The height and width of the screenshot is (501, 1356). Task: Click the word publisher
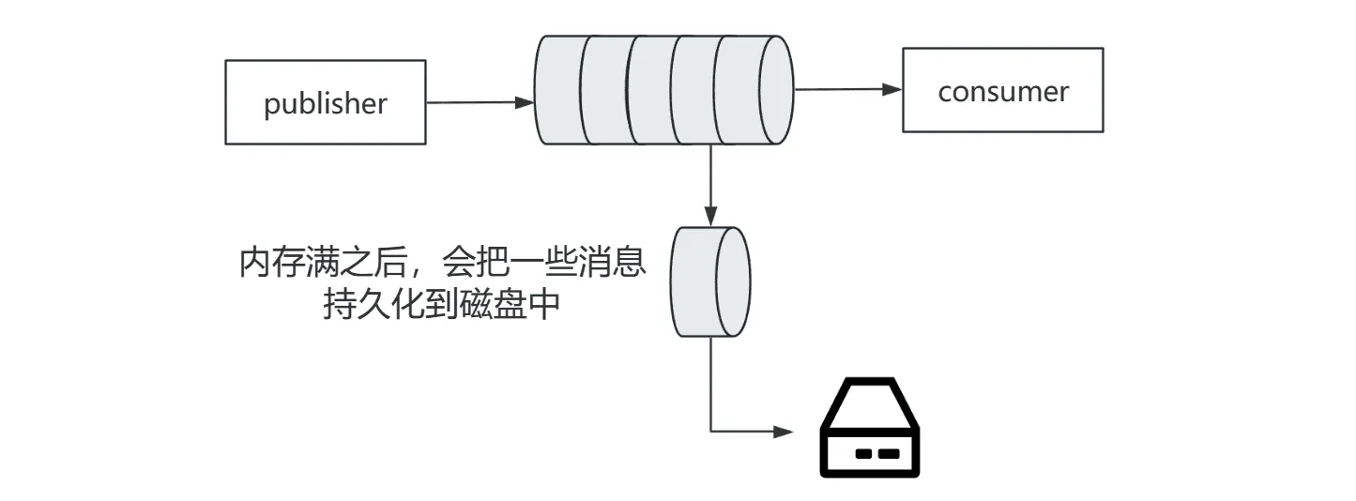point(325,104)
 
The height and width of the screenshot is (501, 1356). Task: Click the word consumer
point(1003,92)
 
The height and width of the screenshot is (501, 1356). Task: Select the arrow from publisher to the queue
point(480,102)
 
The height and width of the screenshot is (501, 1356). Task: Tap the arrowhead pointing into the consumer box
point(891,89)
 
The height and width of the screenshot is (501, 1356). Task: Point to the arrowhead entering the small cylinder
point(710,216)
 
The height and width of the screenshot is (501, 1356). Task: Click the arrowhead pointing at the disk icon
point(784,432)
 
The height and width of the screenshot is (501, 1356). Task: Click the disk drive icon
point(870,427)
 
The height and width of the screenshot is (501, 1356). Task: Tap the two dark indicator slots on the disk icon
point(877,453)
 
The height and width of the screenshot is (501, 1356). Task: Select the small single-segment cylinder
point(710,282)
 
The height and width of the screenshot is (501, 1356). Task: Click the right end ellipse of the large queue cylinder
point(775,89)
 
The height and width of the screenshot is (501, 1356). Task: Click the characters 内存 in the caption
point(272,263)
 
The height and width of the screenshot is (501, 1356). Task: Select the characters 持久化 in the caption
point(374,304)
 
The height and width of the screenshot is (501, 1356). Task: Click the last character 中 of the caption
point(543,304)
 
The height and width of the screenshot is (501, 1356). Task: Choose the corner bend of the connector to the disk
point(710,432)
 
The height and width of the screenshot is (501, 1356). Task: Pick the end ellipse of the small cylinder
point(733,282)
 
